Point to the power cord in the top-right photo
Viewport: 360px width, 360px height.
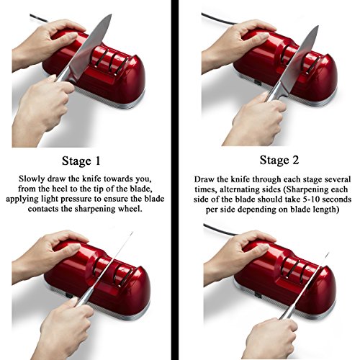216,18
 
